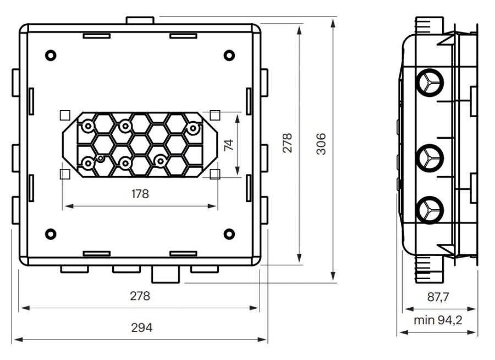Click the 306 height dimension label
321,144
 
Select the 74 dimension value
229,145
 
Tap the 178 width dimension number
140,194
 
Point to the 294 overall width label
142,328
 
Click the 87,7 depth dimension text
438,297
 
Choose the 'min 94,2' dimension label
438,320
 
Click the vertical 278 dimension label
287,143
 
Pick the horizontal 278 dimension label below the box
140,296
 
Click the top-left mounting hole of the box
51,55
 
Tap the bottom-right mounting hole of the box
229,234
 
